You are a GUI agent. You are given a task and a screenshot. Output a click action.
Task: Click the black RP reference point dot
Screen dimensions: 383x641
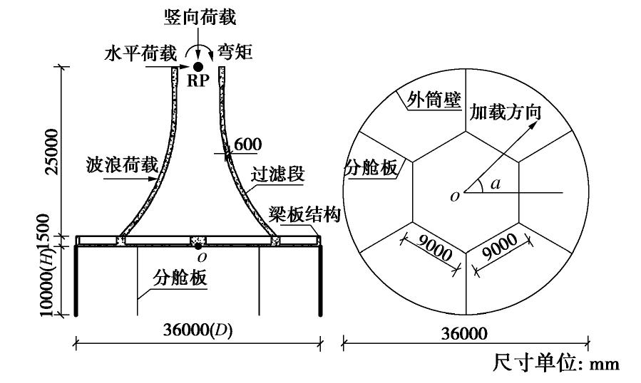(198, 66)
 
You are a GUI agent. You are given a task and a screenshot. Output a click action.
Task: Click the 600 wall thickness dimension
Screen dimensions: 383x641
(247, 145)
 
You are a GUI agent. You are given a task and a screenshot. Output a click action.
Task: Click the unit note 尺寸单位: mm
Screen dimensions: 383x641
(556, 363)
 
